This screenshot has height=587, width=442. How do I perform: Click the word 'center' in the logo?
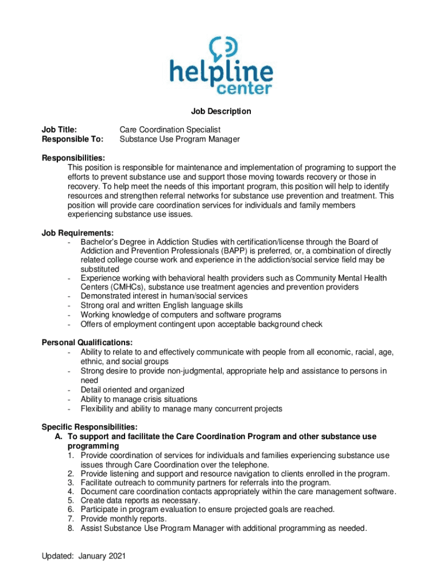pyautogui.click(x=243, y=88)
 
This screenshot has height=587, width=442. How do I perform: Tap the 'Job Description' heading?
pyautogui.click(x=221, y=111)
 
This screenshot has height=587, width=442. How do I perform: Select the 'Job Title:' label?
pyautogui.click(x=60, y=130)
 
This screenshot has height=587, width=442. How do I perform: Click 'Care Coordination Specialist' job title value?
pyautogui.click(x=170, y=130)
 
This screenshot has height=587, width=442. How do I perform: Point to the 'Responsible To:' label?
pyautogui.click(x=73, y=139)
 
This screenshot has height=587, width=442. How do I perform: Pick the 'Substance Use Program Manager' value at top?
pyautogui.click(x=179, y=139)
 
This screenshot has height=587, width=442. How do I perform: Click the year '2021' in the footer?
pyautogui.click(x=116, y=556)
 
